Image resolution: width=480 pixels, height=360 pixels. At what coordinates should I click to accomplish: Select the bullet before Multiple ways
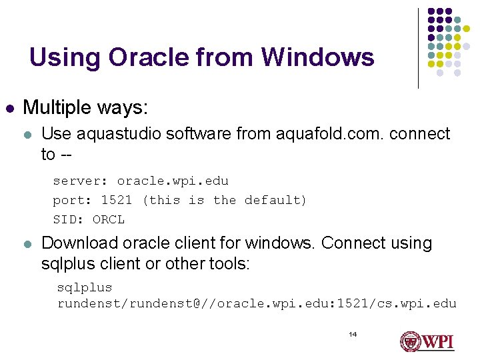point(9,107)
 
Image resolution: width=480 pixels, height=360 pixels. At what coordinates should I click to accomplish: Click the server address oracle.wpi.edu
point(173,181)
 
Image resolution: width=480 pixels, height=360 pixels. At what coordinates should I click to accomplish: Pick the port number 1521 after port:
point(117,200)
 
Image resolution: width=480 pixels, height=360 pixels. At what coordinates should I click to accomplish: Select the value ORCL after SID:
point(109,219)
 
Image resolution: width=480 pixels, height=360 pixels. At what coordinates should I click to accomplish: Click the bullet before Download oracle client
point(27,244)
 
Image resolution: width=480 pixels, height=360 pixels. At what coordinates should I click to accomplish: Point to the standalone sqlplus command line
point(85,287)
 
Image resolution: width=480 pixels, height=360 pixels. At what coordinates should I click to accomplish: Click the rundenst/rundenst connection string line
point(257,304)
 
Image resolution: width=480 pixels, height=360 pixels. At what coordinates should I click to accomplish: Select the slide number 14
point(353,333)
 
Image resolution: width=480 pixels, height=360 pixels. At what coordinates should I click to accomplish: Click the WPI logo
point(427,341)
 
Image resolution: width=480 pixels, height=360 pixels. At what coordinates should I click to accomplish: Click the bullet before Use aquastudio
point(27,135)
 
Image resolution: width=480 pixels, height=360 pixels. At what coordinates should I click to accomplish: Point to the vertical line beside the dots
point(418,48)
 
